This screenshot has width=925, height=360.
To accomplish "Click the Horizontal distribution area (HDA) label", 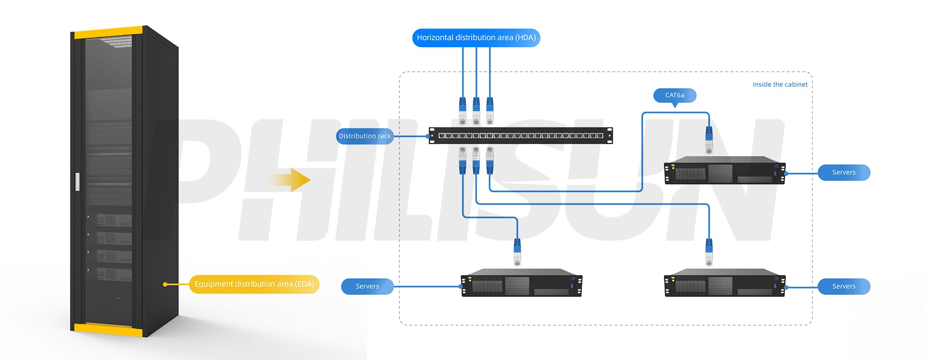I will [x=476, y=38].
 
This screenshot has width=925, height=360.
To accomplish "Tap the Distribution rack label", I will [x=365, y=136].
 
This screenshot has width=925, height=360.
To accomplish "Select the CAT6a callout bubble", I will [x=674, y=95].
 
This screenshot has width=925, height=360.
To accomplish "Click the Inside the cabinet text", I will [x=780, y=84].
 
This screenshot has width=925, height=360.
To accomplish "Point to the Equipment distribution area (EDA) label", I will [x=254, y=284].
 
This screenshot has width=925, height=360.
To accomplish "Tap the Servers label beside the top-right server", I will [x=844, y=173].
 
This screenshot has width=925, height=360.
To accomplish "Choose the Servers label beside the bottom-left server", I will [x=367, y=286].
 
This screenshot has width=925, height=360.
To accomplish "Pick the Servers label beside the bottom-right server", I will [x=844, y=286].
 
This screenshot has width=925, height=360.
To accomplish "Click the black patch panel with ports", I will [x=521, y=136].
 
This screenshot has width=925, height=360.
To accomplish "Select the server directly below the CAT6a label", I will [x=725, y=170].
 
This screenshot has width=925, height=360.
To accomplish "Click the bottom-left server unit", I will [x=521, y=283].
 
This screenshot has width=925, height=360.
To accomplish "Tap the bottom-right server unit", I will [x=725, y=283].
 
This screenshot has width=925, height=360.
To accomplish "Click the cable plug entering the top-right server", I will [x=709, y=140].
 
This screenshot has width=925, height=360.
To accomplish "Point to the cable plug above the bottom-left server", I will [x=517, y=252].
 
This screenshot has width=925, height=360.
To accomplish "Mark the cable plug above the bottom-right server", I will [x=709, y=252].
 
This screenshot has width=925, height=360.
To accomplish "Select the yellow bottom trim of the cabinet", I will [x=108, y=330].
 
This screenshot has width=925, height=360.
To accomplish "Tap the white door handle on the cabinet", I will [x=78, y=182].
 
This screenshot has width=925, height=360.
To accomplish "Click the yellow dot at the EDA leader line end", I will [x=165, y=284].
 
